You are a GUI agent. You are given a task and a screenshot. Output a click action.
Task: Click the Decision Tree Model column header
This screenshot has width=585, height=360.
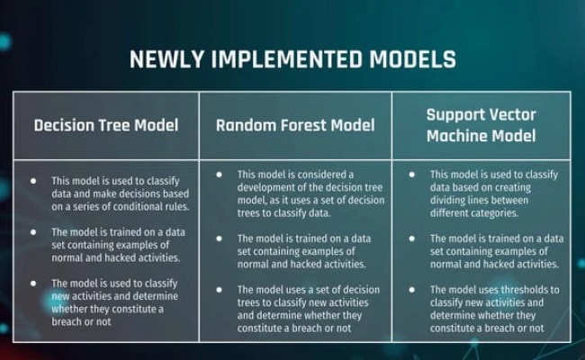coord(106,125)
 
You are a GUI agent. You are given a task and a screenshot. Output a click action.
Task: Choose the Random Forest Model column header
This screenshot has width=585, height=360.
coord(295,125)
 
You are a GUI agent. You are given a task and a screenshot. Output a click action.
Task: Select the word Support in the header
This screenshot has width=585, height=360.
coord(457,115)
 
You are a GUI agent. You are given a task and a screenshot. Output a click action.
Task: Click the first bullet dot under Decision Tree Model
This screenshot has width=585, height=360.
coord(33,180)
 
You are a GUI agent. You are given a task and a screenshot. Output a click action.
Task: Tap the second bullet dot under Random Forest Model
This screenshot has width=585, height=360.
coord(220,238)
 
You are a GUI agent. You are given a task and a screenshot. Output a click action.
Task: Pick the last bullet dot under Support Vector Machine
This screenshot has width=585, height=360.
coord(411,290)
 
